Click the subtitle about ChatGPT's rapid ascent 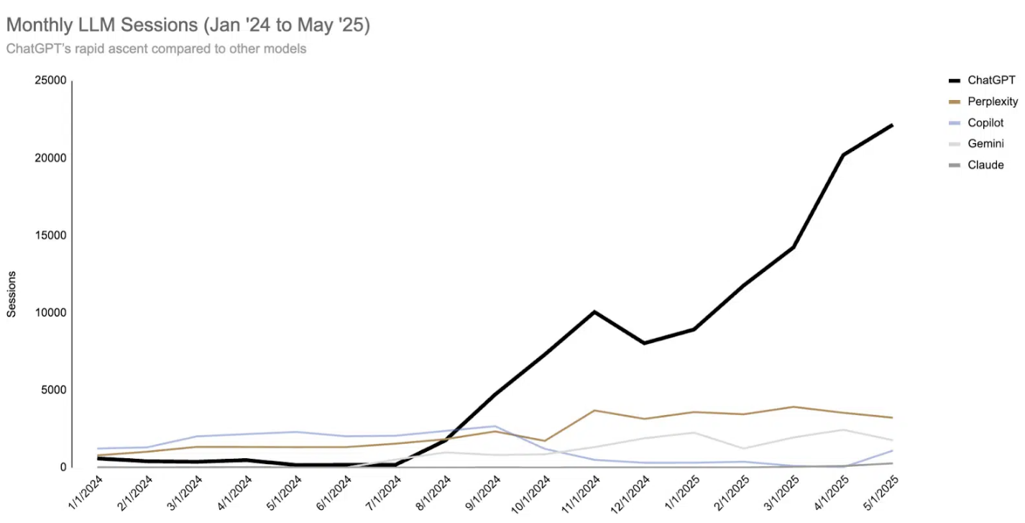[156, 49]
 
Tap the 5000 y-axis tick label [53, 390]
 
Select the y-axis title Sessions [12, 294]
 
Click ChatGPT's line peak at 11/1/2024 [594, 311]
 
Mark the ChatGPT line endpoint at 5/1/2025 [892, 124]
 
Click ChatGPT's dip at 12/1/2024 [643, 343]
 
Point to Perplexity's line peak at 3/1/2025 [793, 407]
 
